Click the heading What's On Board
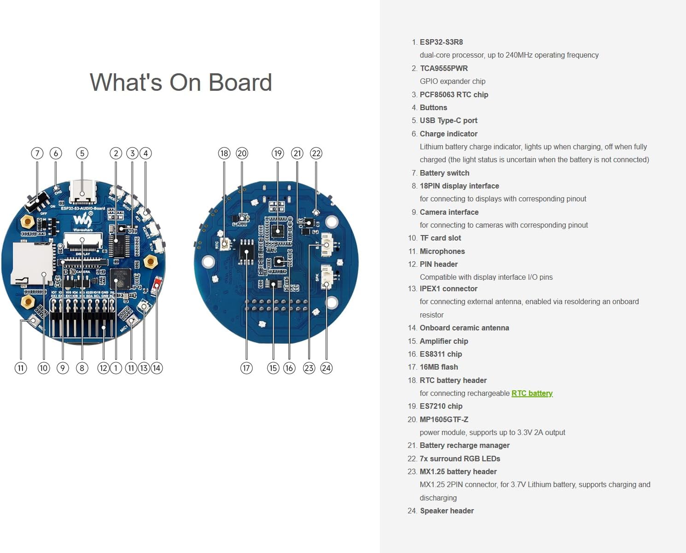tap(180, 82)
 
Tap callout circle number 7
tap(37, 153)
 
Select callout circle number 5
tap(82, 153)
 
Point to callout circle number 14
tap(157, 368)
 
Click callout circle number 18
tap(224, 153)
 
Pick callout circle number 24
tap(326, 368)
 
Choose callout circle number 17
tap(246, 368)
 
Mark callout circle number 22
tap(316, 153)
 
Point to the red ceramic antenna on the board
tap(157, 282)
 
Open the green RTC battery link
tap(532, 393)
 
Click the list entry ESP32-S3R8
tap(441, 42)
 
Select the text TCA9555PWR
tap(444, 68)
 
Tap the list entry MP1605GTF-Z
tap(444, 419)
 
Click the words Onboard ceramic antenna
tap(464, 328)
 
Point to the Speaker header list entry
tap(447, 511)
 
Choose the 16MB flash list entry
tap(439, 367)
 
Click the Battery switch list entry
tap(444, 173)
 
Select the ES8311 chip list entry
tap(441, 354)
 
